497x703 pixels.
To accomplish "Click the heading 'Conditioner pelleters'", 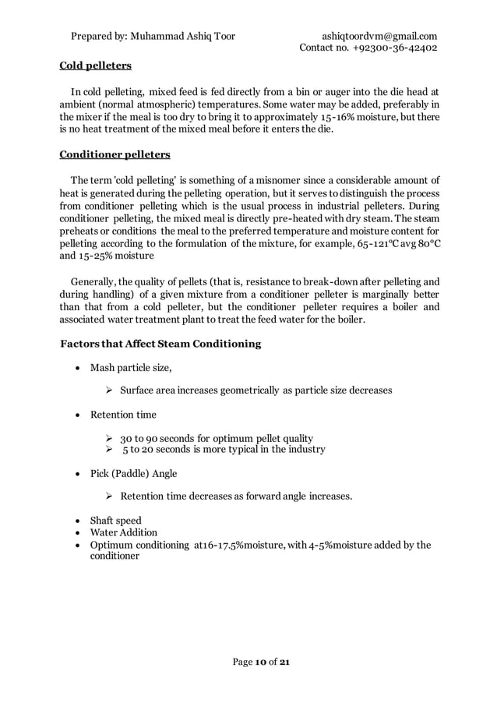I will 115,154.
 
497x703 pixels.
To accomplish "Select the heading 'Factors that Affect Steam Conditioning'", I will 160,344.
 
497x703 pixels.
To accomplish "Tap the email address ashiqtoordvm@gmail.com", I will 379,36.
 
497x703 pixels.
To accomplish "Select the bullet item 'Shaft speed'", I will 116,520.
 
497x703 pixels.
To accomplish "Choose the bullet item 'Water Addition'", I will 124,532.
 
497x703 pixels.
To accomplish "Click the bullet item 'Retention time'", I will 123,415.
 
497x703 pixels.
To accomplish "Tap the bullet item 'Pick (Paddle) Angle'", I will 133,473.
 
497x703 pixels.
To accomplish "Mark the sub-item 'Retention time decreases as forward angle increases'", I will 236,496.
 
